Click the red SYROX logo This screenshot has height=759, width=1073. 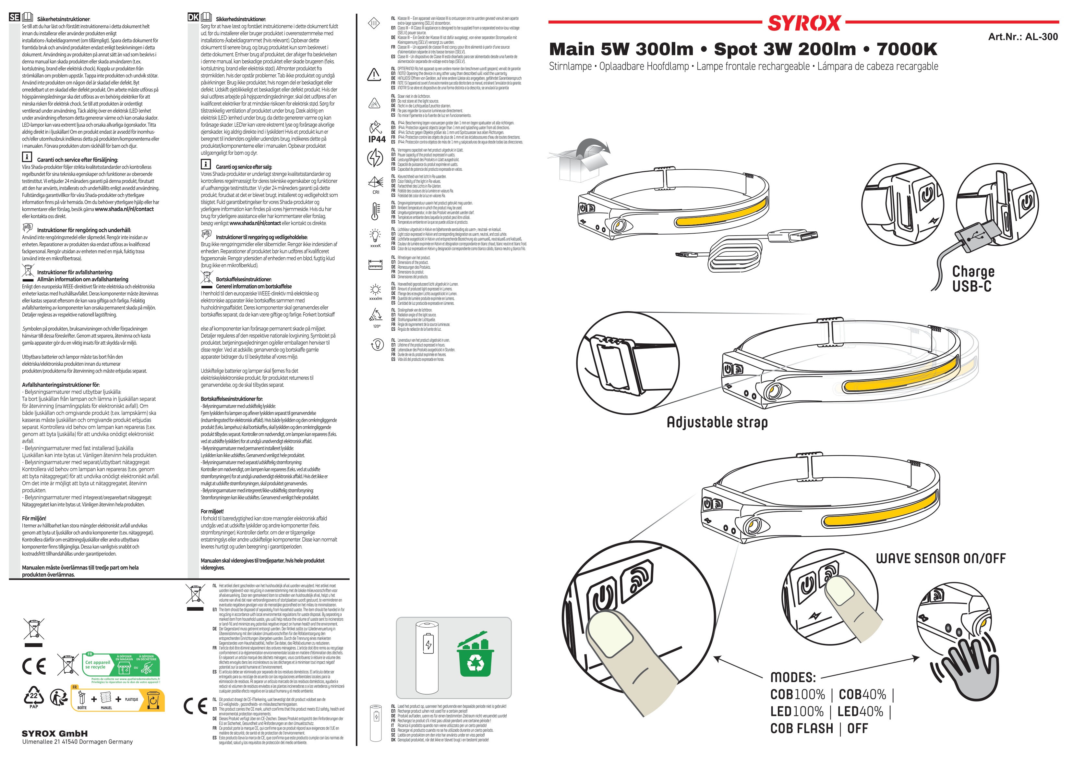click(804, 23)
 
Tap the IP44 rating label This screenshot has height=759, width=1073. click(377, 139)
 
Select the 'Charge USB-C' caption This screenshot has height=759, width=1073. click(973, 279)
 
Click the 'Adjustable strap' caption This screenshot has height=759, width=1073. click(717, 422)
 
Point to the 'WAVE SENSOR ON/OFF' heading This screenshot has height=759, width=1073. click(940, 558)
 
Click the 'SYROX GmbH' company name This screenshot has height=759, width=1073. click(55, 733)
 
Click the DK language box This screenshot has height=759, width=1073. click(193, 17)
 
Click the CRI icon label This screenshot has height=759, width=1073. click(376, 192)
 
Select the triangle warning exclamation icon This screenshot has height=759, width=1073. click(374, 74)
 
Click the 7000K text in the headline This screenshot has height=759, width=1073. click(907, 49)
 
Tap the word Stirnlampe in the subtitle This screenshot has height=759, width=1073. click(570, 67)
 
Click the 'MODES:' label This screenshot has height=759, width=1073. click(793, 677)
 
